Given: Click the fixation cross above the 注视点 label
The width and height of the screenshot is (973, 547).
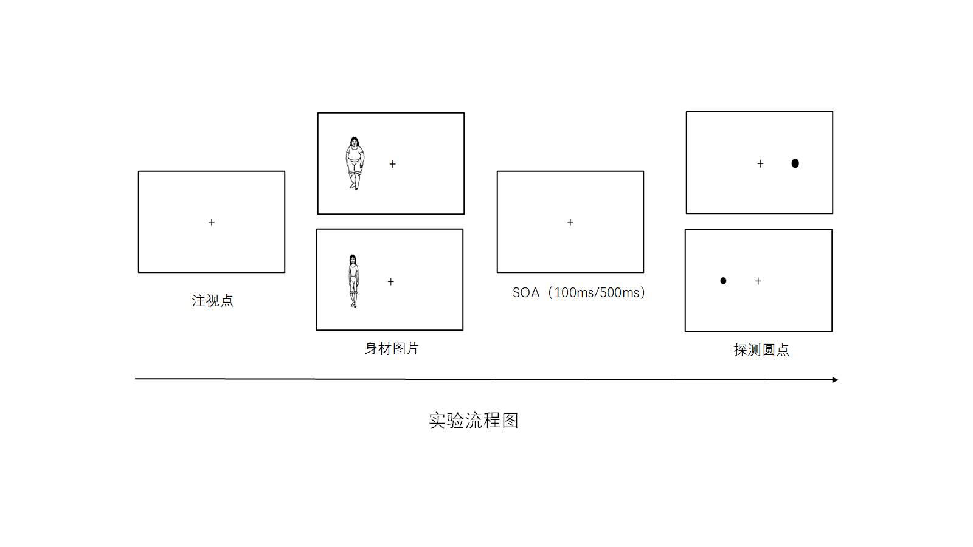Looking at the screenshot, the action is click(x=212, y=222).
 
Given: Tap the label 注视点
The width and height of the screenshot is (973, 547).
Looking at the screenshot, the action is click(x=212, y=301).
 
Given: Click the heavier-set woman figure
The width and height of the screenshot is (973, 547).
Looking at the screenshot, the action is click(x=355, y=163).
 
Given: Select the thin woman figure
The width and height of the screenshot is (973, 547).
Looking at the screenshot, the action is click(x=353, y=281).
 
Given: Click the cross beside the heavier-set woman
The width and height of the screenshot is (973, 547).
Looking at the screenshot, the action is click(x=393, y=164).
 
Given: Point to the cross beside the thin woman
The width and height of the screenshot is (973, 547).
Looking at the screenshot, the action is click(x=391, y=281).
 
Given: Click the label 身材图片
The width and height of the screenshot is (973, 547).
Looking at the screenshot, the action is click(x=392, y=348).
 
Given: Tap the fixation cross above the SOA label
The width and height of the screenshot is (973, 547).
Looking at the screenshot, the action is click(x=570, y=222).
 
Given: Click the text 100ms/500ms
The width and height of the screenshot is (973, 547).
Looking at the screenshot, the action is click(x=597, y=293).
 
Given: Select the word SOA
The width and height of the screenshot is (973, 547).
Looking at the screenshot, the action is click(x=526, y=293).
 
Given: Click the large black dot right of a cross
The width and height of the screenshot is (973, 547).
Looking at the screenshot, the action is click(x=795, y=163).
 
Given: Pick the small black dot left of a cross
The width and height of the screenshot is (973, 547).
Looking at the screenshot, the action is click(x=723, y=281).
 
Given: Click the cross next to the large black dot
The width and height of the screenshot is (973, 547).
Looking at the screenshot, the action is click(x=760, y=163).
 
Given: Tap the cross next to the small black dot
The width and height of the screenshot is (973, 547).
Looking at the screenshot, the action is click(x=758, y=281).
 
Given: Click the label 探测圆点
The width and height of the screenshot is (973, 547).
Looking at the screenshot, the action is click(x=761, y=350).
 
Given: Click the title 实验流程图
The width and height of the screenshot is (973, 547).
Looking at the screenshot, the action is click(x=474, y=421).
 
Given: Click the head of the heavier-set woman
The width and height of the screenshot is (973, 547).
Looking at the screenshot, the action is click(x=355, y=142).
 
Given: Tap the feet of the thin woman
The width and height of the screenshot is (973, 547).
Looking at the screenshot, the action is click(x=353, y=304).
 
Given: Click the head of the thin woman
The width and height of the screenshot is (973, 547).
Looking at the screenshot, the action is click(x=353, y=260).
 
